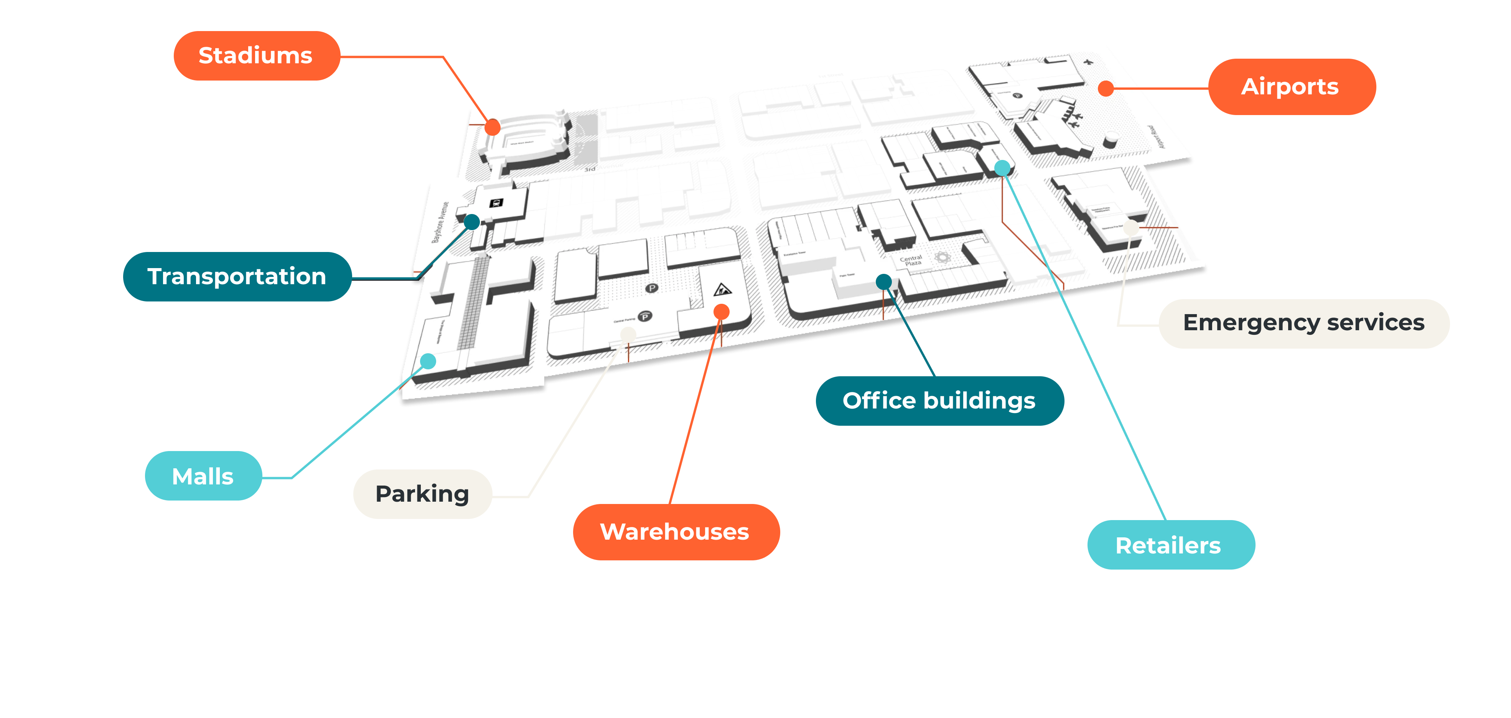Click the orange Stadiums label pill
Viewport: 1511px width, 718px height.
pos(256,56)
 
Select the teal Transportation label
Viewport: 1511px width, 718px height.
pos(237,276)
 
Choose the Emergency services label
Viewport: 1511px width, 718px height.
pos(1303,323)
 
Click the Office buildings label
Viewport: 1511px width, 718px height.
pos(939,401)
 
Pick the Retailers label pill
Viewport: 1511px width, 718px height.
pos(1170,545)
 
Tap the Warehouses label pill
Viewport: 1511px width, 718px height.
pos(675,532)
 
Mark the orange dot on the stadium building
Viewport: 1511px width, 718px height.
pos(493,127)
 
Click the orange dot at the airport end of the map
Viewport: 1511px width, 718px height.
pos(1106,89)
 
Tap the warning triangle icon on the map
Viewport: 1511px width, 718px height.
pos(722,289)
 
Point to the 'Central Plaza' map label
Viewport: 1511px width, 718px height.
pos(911,260)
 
